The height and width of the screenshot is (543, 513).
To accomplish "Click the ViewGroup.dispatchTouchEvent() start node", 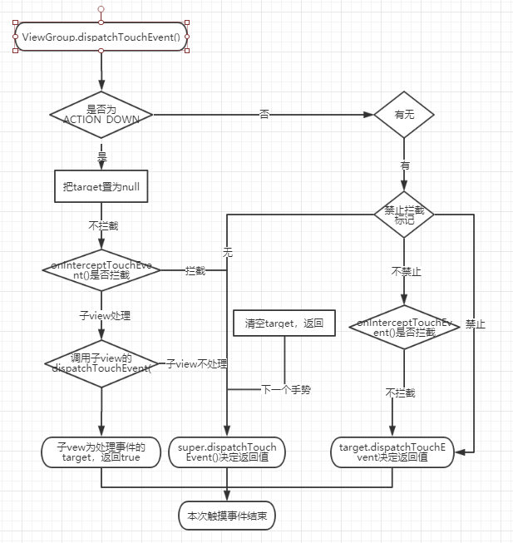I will tap(101, 37).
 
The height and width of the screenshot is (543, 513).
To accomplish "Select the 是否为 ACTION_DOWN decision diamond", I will tap(101, 114).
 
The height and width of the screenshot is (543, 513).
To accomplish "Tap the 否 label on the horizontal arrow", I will tap(264, 114).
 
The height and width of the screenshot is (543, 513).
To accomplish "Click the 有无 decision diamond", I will tap(405, 114).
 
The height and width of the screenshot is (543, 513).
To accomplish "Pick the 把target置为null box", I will tap(101, 187).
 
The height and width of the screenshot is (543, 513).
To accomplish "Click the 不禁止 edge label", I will tap(404, 271).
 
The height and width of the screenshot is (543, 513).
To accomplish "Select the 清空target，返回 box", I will tap(284, 323).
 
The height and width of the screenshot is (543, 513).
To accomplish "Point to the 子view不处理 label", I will tap(196, 364).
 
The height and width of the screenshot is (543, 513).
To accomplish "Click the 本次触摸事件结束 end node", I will tap(226, 516).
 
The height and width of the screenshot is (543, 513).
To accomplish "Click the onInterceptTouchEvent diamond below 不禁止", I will tap(404, 327).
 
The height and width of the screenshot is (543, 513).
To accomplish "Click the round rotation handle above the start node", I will tap(101, 8).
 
